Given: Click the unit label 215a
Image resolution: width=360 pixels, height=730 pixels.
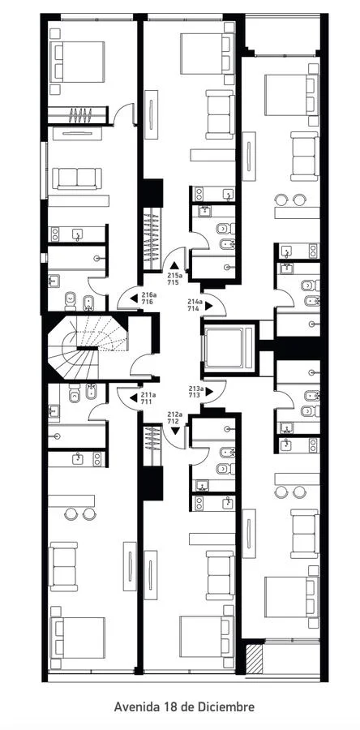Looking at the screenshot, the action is click(x=174, y=276).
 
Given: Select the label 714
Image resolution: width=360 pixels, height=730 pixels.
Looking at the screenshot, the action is click(x=194, y=308).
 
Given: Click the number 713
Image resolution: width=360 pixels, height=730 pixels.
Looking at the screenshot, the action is click(x=194, y=395).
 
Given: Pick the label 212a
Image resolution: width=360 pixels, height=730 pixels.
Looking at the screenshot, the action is click(x=174, y=414).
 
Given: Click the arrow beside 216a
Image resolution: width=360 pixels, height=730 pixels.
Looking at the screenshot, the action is click(x=134, y=298).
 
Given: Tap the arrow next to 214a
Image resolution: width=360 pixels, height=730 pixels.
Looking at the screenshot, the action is click(x=209, y=306).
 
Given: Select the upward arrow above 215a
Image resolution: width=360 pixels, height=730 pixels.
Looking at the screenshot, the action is click(x=174, y=266).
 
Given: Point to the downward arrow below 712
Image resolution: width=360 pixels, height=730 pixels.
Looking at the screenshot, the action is click(x=175, y=432).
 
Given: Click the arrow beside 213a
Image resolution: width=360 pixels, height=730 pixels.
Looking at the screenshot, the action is click(x=209, y=392).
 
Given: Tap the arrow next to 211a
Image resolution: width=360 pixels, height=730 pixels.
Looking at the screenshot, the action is click(x=134, y=397).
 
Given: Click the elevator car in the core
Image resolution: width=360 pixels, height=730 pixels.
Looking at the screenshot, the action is click(x=224, y=347).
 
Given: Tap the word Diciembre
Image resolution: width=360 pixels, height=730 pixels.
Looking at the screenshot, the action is click(x=229, y=706).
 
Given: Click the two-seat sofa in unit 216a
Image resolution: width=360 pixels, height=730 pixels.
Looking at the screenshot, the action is click(x=77, y=178).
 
